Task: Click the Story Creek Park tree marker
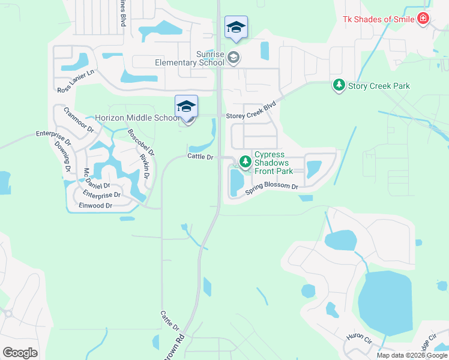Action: [339, 86]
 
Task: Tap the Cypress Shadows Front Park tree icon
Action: [245, 161]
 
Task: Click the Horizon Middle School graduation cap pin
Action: [186, 107]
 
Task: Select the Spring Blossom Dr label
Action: [271, 190]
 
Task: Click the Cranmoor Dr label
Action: [79, 120]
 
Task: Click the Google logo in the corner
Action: [20, 353]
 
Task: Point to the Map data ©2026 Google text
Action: [411, 355]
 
